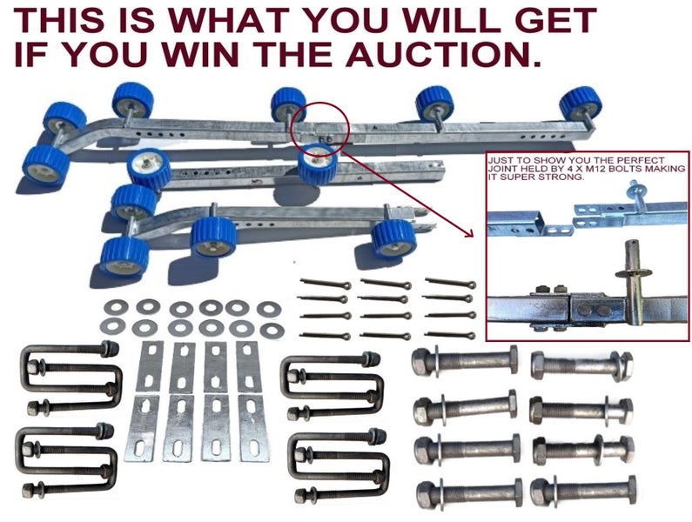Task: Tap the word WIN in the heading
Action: pyautogui.click(x=201, y=54)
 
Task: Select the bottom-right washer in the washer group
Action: pyautogui.click(x=272, y=330)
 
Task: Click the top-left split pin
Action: pyautogui.click(x=326, y=284)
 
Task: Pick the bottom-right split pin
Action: pyautogui.click(x=450, y=335)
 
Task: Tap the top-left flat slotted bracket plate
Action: pyautogui.click(x=149, y=366)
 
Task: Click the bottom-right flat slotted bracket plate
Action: pyautogui.click(x=253, y=429)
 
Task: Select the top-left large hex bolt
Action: pyautogui.click(x=464, y=363)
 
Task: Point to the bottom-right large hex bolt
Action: pyautogui.click(x=583, y=491)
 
